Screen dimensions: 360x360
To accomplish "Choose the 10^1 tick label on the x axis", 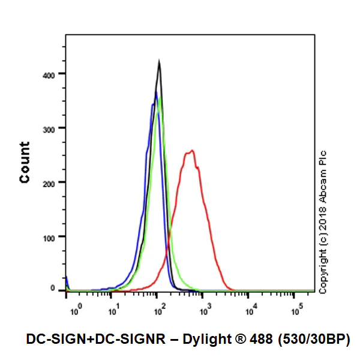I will click(113, 310).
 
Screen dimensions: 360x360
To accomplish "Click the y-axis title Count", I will click(25, 162).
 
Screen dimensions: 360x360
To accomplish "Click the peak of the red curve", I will click(191, 151).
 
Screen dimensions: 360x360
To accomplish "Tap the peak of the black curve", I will click(159, 60).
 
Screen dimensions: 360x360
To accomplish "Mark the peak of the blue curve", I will click(156, 92).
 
